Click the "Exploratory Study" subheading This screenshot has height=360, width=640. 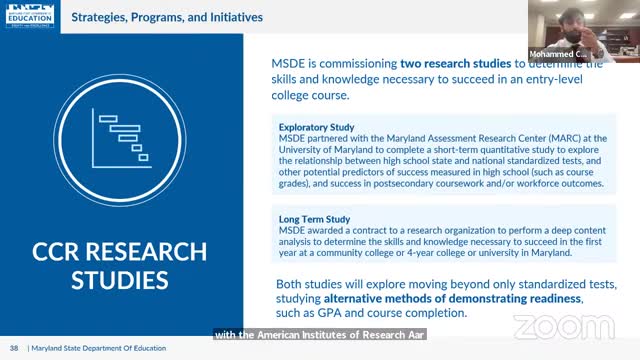pos(318,127)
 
